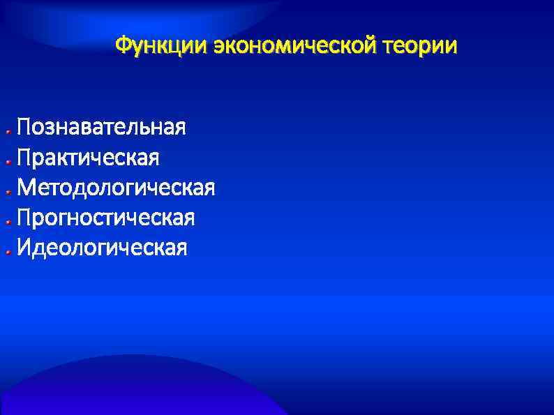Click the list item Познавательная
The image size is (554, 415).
point(102,128)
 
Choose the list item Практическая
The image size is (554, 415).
point(89,158)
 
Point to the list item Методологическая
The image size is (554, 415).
point(117,188)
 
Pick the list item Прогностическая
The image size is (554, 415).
point(106,218)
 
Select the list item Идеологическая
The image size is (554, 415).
point(103,248)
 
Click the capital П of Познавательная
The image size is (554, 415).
point(25,128)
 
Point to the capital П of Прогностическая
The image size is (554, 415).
point(25,218)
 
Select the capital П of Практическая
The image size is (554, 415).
point(25,158)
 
